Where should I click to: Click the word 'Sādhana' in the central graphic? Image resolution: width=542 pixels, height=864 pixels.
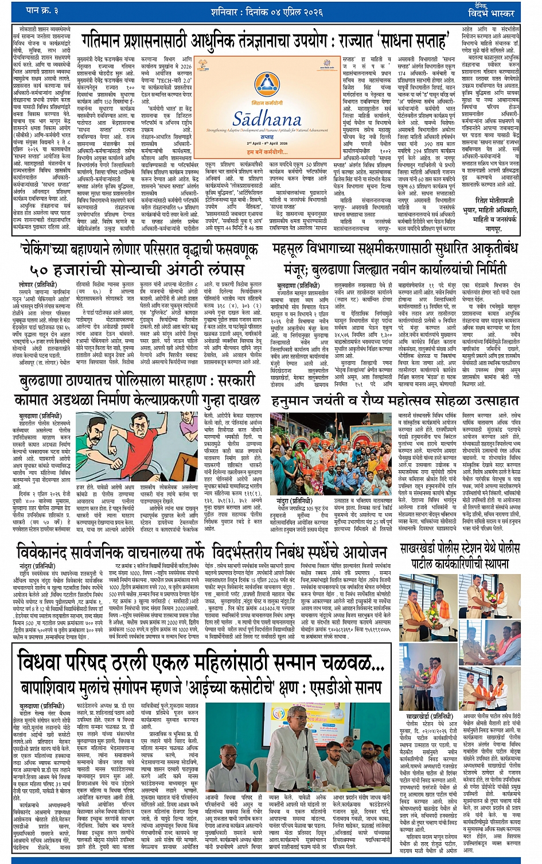267,118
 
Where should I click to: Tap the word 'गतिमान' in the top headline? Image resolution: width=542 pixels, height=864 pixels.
110,41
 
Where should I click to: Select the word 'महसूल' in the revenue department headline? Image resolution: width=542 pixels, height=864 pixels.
295,250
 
